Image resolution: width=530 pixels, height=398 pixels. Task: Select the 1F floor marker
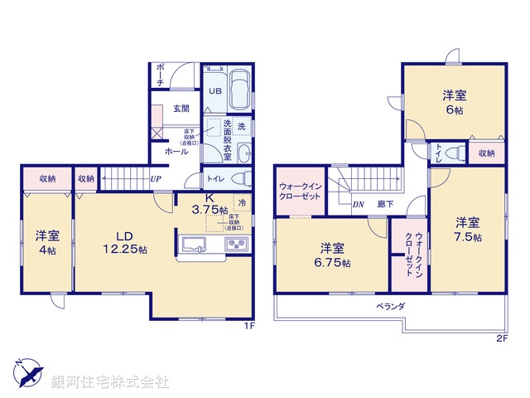(247, 326)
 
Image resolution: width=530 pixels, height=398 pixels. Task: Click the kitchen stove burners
(237, 244)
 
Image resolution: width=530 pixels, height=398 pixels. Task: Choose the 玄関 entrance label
(181, 109)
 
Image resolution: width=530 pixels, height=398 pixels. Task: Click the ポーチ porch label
(159, 75)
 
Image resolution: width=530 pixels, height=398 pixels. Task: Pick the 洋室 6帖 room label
(453, 103)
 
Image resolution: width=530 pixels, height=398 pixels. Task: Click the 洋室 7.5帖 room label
(467, 229)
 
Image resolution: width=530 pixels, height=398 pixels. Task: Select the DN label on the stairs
(359, 203)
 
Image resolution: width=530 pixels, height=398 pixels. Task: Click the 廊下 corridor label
(386, 203)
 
